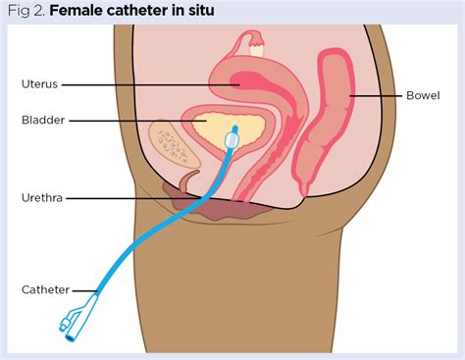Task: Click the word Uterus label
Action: (41, 84)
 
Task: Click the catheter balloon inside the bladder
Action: (231, 140)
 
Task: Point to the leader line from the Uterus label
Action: (147, 84)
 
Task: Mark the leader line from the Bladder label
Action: (137, 121)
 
